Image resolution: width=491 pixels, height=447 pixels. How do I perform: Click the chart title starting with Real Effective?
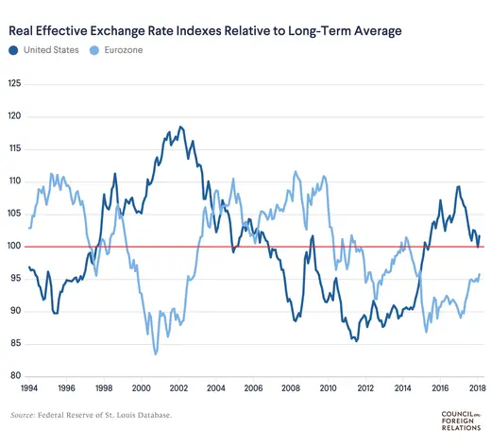[205, 31]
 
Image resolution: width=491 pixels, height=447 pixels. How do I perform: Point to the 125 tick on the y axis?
[14, 84]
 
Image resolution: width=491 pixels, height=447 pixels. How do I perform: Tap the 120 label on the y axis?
[14, 116]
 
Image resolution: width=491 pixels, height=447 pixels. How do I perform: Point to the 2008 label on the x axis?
[291, 388]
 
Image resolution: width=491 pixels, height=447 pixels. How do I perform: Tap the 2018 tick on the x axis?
[478, 388]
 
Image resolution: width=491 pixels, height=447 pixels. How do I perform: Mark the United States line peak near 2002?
[179, 127]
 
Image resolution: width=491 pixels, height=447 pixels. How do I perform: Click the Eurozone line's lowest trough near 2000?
[155, 353]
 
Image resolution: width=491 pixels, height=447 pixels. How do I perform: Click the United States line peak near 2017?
[458, 186]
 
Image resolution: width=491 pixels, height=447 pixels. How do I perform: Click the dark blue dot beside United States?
[14, 50]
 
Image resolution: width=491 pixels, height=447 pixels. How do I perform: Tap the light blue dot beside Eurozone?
[91, 50]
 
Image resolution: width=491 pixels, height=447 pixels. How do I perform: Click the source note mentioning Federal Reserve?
[92, 416]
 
